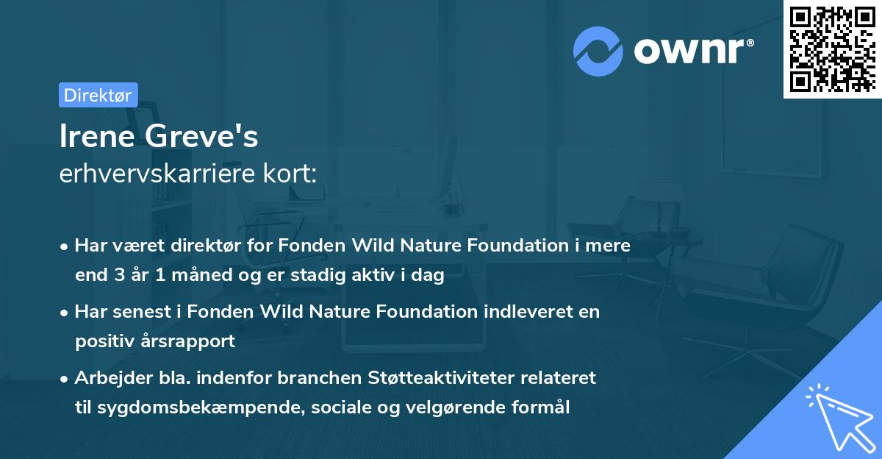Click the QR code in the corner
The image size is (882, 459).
coord(832,49)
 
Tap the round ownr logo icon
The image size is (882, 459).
coord(598,51)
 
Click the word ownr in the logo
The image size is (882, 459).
coord(693,51)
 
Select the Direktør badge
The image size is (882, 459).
coord(98,95)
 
